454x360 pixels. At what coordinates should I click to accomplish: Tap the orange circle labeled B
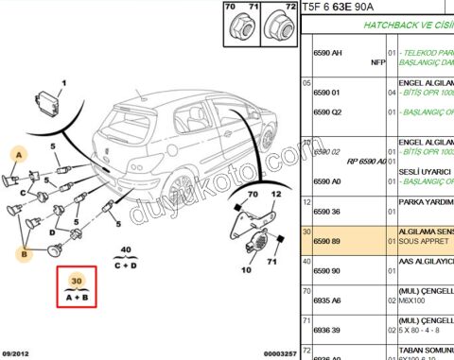[26, 252]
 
